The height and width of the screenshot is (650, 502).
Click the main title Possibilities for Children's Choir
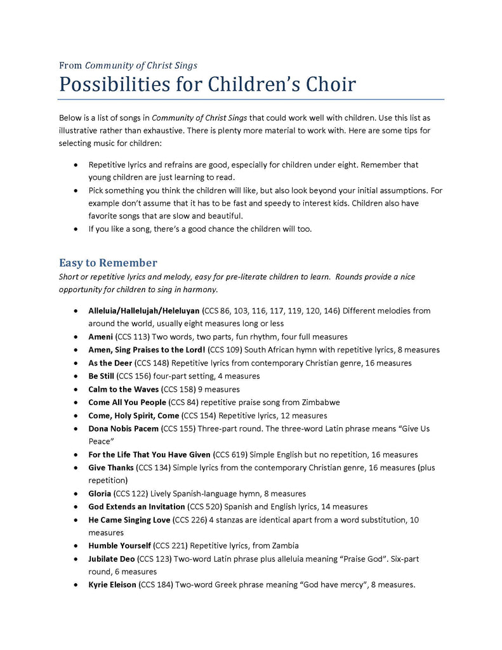[x=208, y=84]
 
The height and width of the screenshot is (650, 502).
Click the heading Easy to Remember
[x=108, y=263]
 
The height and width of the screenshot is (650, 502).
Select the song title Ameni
[x=101, y=336]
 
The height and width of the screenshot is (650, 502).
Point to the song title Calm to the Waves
[x=124, y=389]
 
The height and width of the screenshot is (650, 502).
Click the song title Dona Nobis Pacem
[x=124, y=428]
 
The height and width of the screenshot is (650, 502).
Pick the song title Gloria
[x=100, y=493]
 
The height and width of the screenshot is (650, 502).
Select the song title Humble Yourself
[x=120, y=545]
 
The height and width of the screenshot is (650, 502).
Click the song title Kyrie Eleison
[x=112, y=585]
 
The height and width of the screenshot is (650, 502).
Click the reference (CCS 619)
[x=233, y=454]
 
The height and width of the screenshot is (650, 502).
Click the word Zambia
[x=285, y=545]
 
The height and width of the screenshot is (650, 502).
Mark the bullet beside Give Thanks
[x=76, y=468]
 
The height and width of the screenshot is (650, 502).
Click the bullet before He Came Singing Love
[x=76, y=520]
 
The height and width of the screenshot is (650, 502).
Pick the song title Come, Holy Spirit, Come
[x=134, y=415]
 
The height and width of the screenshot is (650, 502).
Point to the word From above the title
[x=70, y=65]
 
